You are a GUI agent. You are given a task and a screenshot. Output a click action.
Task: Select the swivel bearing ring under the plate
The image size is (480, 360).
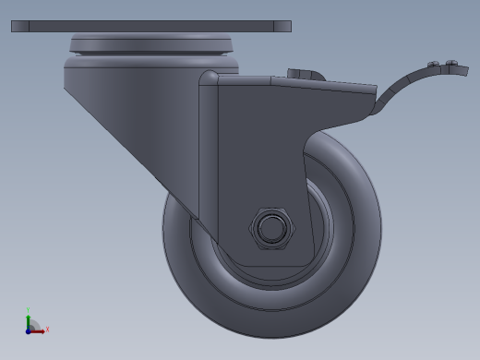(150, 43)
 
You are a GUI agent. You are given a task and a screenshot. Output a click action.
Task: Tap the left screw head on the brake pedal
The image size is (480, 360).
(434, 64)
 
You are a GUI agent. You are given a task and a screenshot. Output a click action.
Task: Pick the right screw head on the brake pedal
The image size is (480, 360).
(451, 64)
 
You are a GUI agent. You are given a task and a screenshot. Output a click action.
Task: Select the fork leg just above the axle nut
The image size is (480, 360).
(268, 166)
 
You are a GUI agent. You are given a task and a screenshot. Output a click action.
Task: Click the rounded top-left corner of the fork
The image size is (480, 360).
(209, 79)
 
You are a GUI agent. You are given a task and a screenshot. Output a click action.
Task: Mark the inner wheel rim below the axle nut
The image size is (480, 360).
(268, 277)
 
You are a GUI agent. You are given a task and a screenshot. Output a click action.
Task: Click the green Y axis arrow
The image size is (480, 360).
(29, 318)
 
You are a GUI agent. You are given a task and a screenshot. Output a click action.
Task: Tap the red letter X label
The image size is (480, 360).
(47, 329)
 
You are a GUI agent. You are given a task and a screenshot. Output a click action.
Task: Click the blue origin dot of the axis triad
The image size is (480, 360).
(29, 330)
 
